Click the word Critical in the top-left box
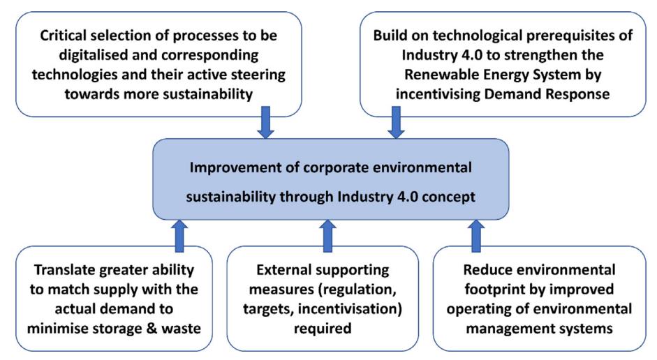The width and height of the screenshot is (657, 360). click(64, 35)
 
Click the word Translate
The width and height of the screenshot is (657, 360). click(64, 270)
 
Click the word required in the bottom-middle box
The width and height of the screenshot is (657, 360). click(322, 329)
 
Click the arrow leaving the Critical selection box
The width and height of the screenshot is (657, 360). click(265, 122)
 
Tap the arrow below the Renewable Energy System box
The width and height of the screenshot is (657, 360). click(396, 122)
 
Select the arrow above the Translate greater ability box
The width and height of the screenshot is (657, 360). click(179, 236)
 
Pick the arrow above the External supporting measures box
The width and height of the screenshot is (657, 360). click(327, 236)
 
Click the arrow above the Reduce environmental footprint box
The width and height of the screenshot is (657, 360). click(476, 236)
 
